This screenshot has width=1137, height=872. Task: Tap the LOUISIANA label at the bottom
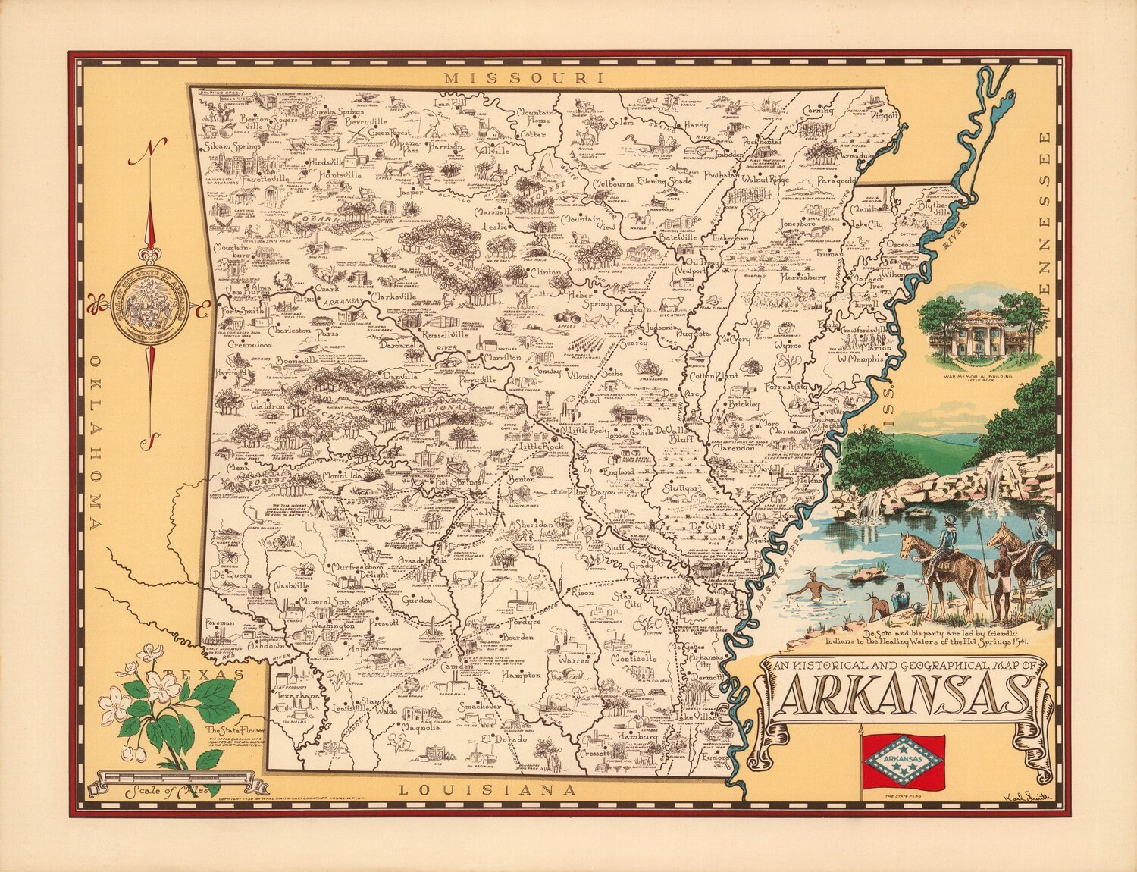click(x=487, y=790)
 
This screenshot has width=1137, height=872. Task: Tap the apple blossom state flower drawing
click(x=163, y=701)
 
